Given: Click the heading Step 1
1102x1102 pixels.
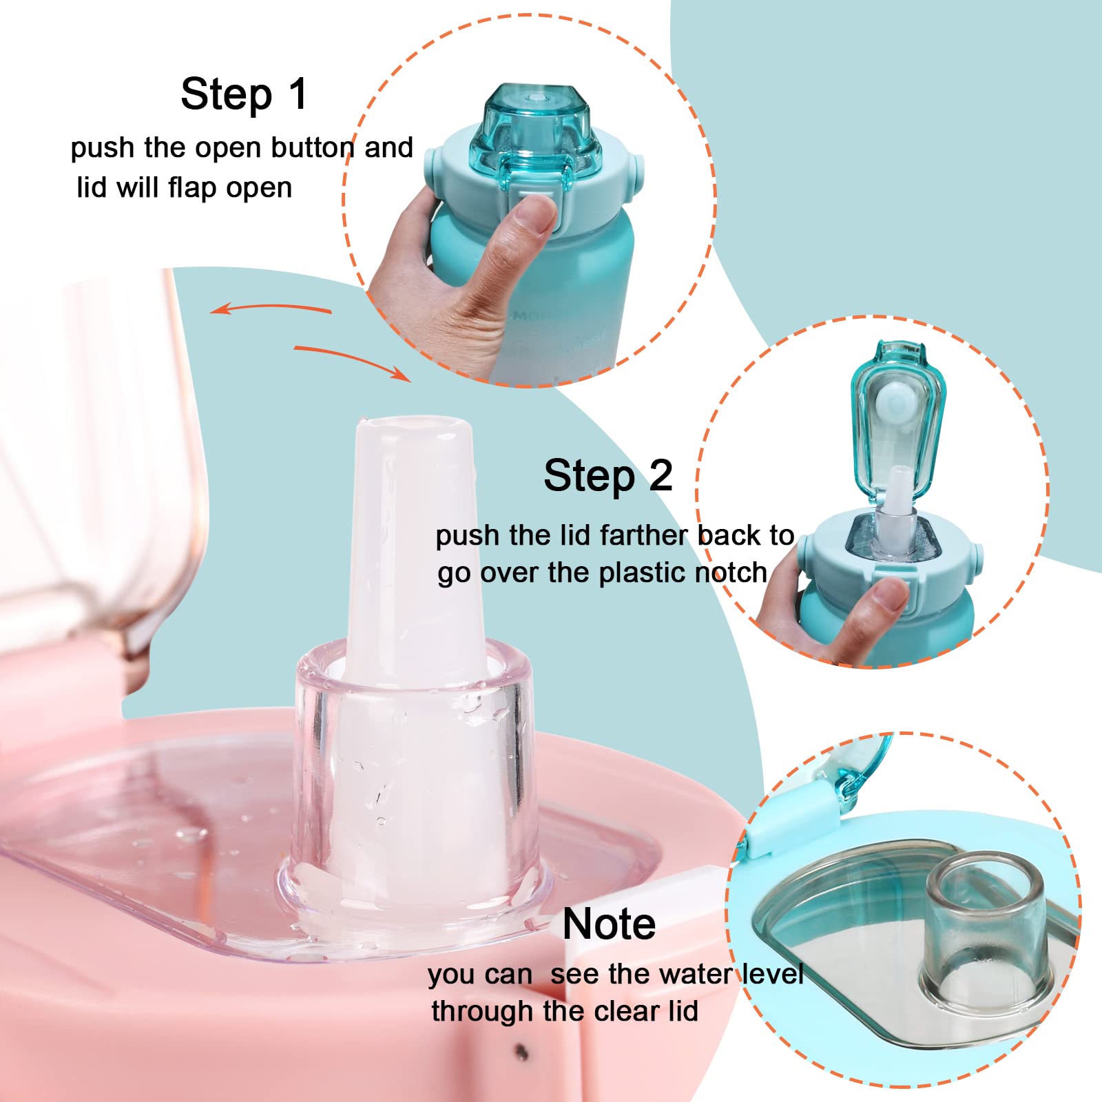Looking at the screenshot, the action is point(244,94).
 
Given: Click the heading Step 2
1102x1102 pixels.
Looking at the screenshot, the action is point(608,476).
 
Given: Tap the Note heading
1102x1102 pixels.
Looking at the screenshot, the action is point(609,924).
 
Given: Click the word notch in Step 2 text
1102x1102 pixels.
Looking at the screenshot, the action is point(731,572).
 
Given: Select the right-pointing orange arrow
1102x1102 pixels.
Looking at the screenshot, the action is point(353,360).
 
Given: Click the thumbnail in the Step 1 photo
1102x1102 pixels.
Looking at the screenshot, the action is point(538,214).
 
